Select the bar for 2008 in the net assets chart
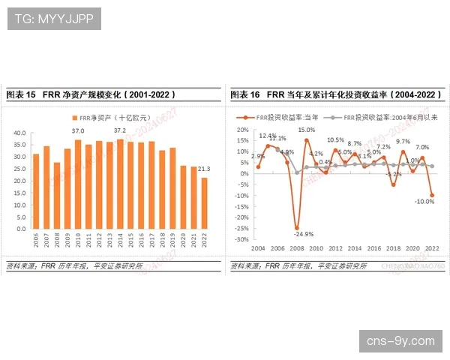click(57, 195)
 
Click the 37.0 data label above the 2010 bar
click(78, 131)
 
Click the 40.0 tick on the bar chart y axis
click(19, 133)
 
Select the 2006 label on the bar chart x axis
click(36, 241)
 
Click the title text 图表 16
click(245, 95)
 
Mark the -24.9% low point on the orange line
click(296, 227)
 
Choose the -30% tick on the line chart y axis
click(241, 240)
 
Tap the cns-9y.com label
click(400, 341)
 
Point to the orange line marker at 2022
click(433, 195)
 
